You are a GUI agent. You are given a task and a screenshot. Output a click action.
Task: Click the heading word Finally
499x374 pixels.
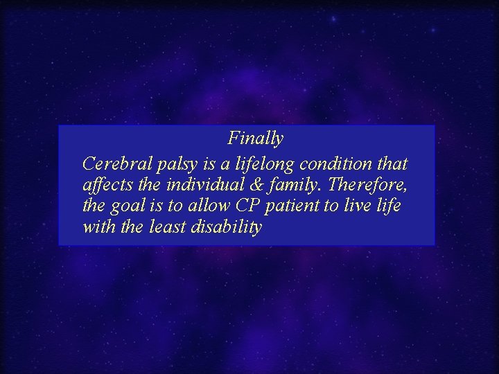coord(256,139)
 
